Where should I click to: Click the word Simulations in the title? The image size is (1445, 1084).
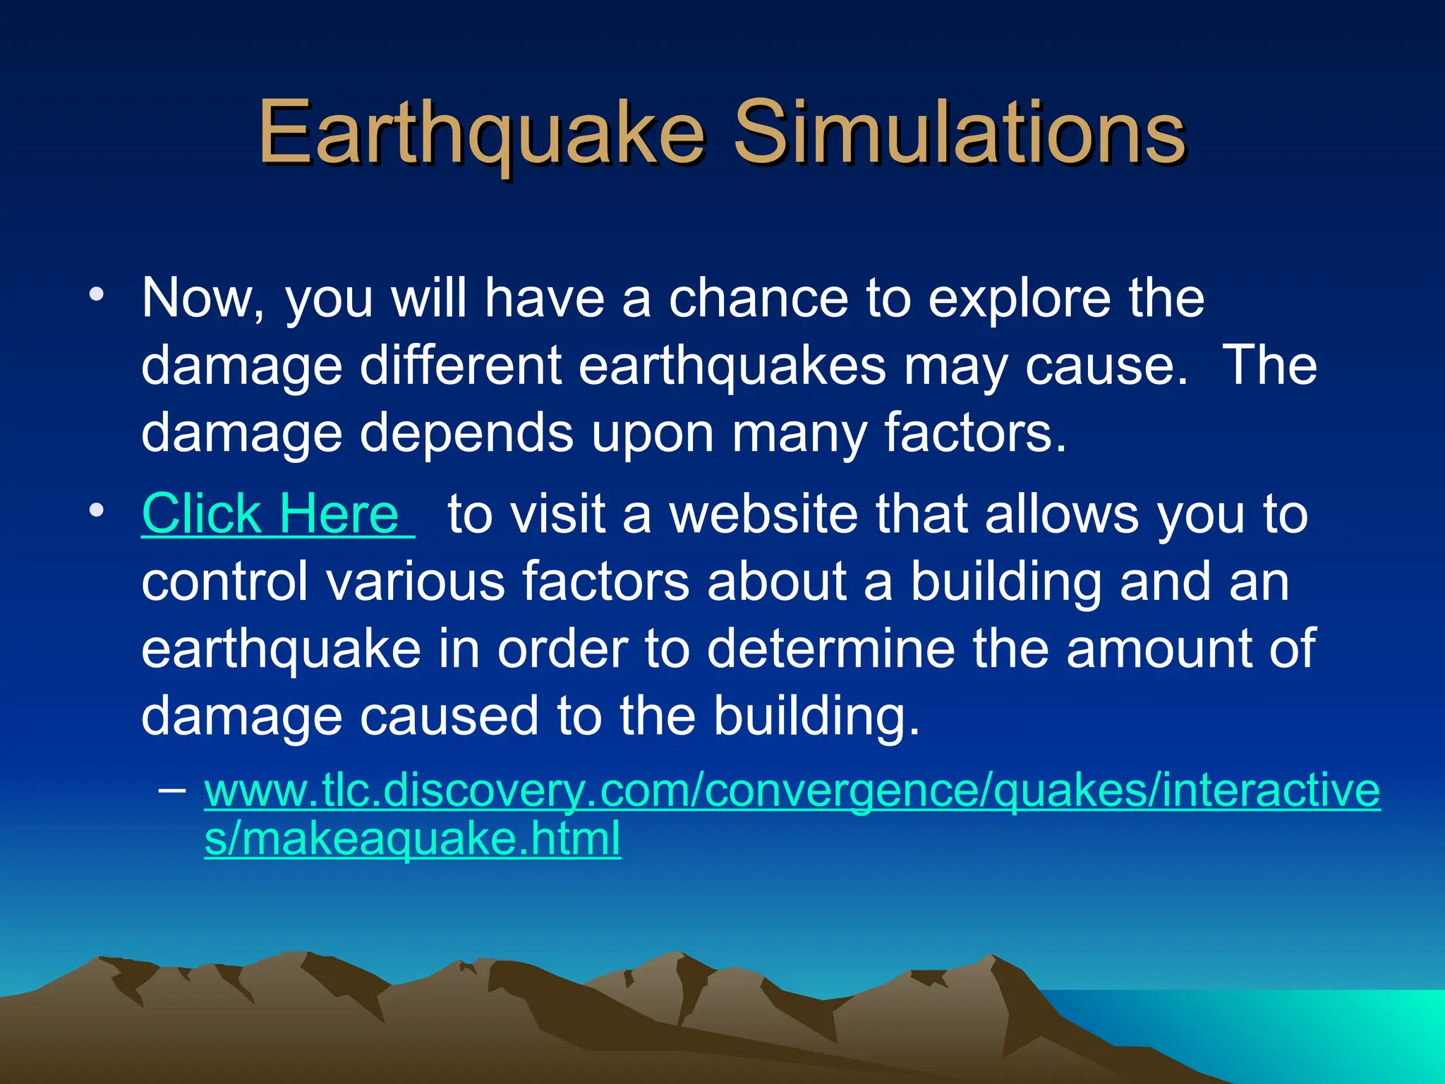click(960, 133)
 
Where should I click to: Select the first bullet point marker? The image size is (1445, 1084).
click(97, 294)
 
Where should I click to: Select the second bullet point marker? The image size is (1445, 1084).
click(97, 510)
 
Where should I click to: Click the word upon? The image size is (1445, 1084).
click(652, 433)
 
